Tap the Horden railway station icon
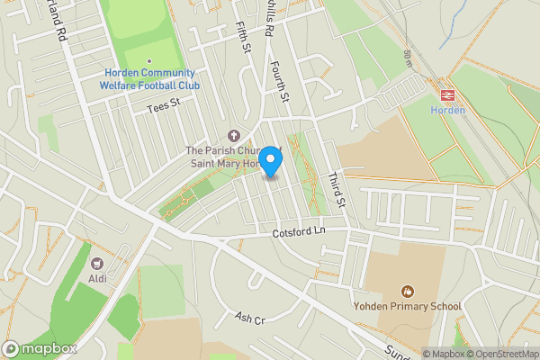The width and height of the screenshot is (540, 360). (447, 93)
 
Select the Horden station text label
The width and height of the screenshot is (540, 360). (448, 110)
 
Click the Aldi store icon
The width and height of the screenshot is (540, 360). (97, 263)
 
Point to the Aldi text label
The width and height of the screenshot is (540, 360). (97, 278)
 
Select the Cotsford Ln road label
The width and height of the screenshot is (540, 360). (298, 232)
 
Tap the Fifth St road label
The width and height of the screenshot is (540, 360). (241, 37)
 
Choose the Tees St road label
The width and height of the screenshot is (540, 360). (164, 107)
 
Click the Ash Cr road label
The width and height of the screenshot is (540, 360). (250, 319)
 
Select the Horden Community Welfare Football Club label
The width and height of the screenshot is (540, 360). (149, 79)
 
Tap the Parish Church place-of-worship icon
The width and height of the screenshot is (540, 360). (235, 135)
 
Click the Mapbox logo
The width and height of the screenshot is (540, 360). (40, 349)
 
